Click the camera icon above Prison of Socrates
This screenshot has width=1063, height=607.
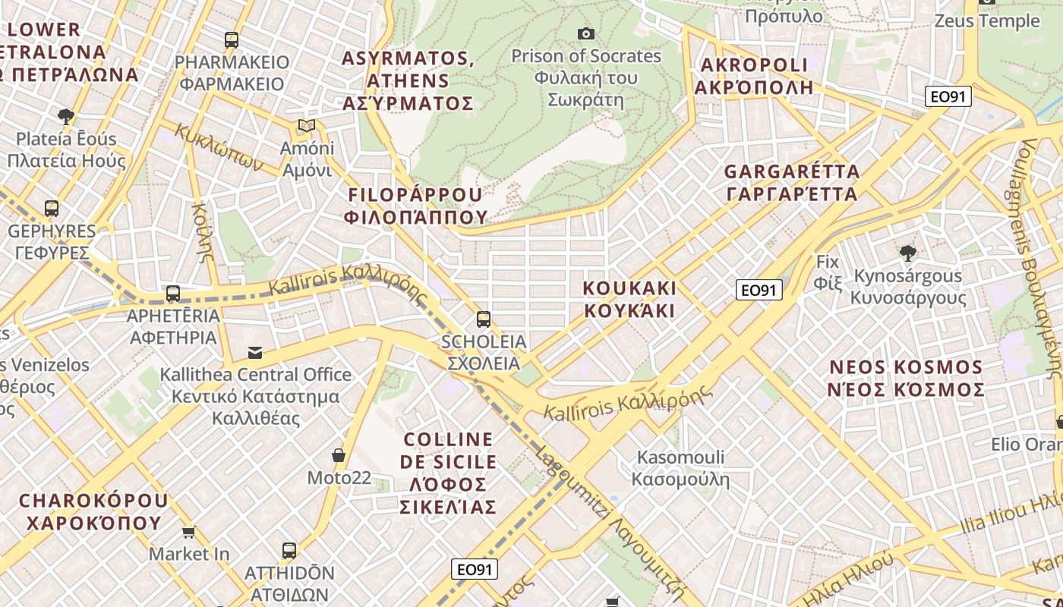(585, 33)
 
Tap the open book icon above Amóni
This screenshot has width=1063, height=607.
(306, 125)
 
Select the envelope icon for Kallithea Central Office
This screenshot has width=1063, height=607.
(255, 352)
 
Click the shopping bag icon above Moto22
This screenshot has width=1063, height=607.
(339, 455)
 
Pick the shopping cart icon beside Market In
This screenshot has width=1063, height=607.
(188, 533)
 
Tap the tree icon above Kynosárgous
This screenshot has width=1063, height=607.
(907, 253)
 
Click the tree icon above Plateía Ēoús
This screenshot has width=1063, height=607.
(66, 116)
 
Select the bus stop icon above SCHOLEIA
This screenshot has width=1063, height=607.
(484, 319)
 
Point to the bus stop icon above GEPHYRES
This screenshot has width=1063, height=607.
(52, 208)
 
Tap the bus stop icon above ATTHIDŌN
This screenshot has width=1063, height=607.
(289, 551)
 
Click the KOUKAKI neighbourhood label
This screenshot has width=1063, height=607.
(629, 299)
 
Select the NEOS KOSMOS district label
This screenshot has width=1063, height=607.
(906, 379)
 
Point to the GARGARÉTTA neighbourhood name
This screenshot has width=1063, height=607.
(792, 183)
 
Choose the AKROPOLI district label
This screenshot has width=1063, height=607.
(754, 76)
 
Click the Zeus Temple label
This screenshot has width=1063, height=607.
(986, 20)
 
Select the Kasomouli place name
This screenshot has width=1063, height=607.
(680, 468)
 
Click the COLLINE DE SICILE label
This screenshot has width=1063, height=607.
(448, 473)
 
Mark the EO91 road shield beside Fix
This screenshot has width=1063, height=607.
(759, 290)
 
